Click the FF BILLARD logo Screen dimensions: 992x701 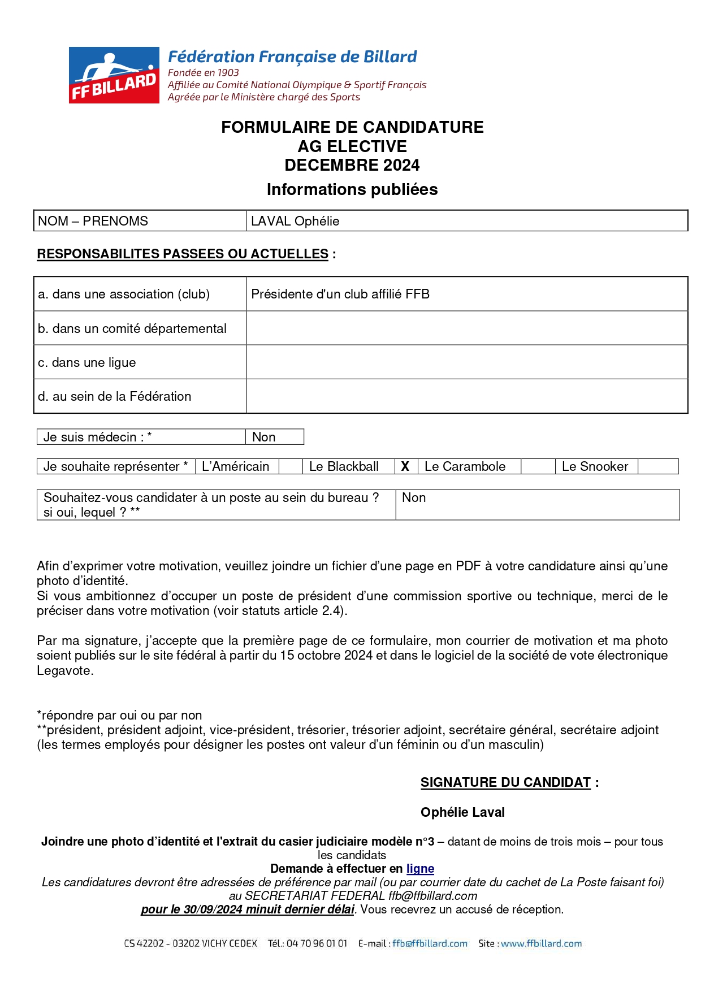coord(114,75)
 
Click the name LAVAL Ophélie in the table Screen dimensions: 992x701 coord(295,221)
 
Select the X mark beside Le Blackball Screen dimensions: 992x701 coord(405,467)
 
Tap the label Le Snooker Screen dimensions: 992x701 coord(595,467)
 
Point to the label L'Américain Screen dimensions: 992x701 coord(235,467)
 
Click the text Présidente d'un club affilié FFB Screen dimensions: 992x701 coord(340,294)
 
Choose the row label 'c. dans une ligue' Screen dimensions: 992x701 coord(87,362)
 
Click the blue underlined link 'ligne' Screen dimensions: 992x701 coord(420,869)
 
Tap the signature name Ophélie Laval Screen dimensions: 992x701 coord(462,812)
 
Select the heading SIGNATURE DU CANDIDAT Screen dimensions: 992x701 coord(505,782)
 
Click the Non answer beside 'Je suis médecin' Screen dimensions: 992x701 coord(264,437)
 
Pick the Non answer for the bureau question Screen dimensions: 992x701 coord(414,498)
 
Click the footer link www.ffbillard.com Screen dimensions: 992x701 coord(541,943)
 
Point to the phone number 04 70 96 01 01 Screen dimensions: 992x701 coord(317,943)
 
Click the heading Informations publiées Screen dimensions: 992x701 coord(352,189)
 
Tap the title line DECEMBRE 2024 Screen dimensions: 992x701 coord(352,165)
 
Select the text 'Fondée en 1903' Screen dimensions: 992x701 coord(204,72)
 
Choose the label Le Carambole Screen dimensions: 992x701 coord(465,467)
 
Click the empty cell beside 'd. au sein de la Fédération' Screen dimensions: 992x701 coord(466,396)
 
